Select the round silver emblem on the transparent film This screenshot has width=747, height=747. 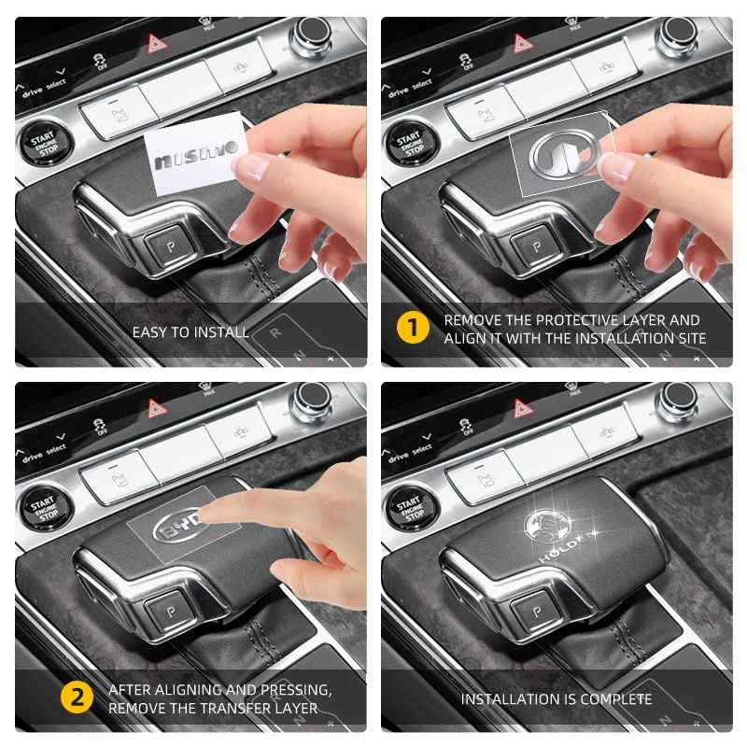pos(557,156)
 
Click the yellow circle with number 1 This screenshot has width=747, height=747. pos(412,329)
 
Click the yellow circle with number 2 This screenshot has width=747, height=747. pos(77,698)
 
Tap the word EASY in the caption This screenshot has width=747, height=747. pos(149,332)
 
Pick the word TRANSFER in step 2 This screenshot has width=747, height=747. pos(223,708)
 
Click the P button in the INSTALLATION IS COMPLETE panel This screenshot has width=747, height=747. pos(535,612)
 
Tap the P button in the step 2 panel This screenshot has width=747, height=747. pos(169,612)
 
